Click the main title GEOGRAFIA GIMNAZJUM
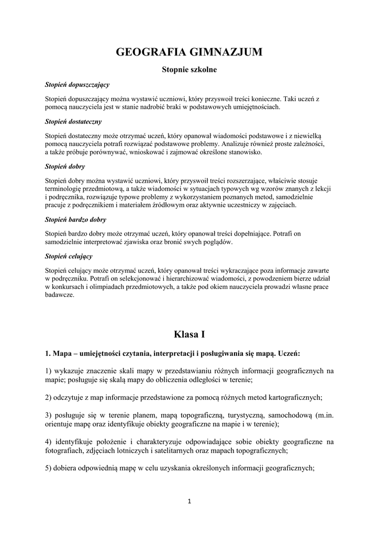click(189, 52)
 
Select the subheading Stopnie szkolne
click(189, 69)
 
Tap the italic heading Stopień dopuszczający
click(77, 84)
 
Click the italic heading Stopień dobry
click(65, 166)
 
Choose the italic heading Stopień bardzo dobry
click(75, 220)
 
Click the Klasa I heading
click(189, 333)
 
